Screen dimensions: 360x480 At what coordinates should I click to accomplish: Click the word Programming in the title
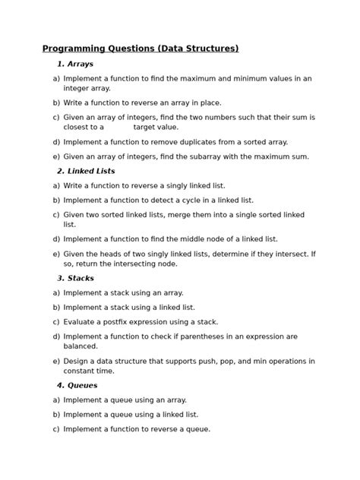tap(73, 49)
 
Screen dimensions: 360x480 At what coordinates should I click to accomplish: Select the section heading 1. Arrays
tap(75, 65)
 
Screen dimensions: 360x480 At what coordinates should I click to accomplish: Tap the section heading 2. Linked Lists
tap(86, 172)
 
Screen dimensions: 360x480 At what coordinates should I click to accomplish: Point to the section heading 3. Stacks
tap(75, 279)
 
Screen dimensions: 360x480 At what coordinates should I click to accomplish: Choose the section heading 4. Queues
tap(77, 386)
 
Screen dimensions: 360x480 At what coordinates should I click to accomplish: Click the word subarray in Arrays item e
tap(235, 156)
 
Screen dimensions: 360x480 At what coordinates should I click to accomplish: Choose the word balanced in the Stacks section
tap(81, 346)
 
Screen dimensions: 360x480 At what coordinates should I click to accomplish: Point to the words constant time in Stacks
tap(89, 371)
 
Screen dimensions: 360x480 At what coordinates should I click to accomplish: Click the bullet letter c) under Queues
tap(56, 429)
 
